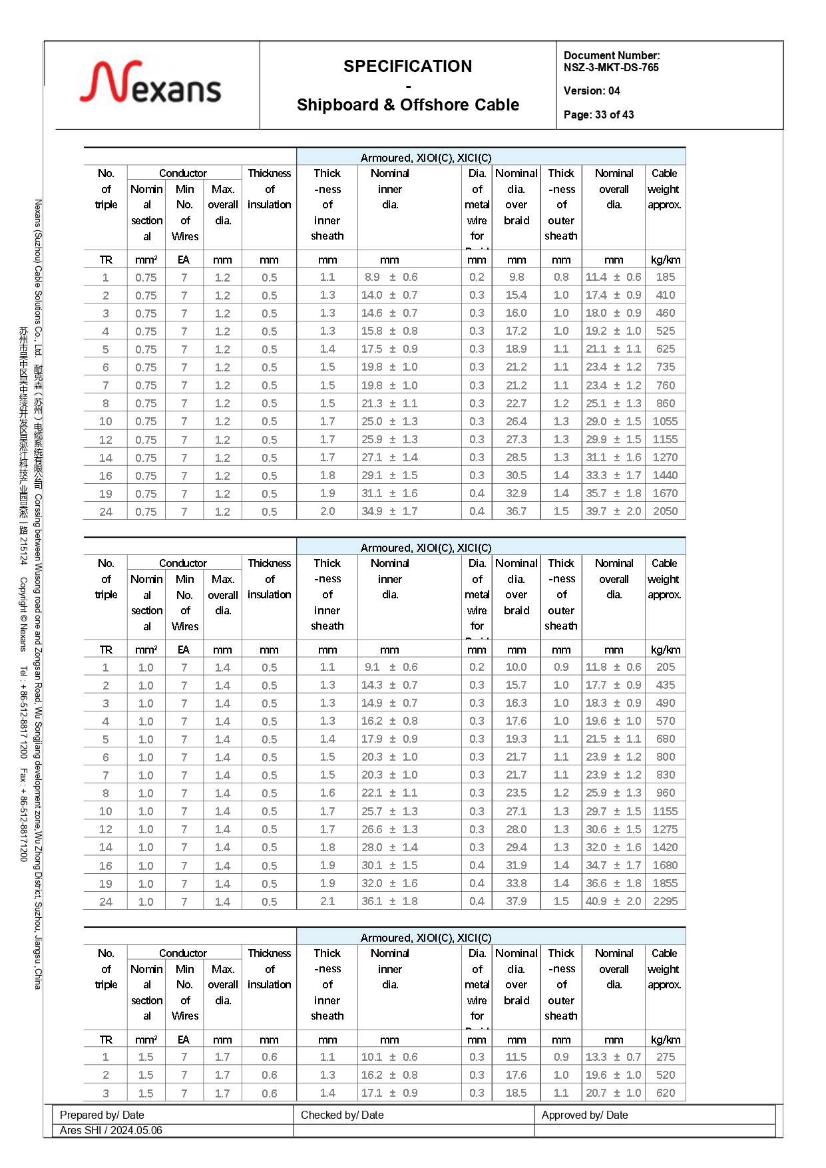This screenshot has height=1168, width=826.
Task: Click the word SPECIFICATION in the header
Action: pos(407,66)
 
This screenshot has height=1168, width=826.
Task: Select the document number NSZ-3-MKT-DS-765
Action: pos(611,67)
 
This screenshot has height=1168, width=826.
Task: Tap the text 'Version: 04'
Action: pos(592,91)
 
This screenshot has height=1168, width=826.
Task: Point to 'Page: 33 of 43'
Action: pos(598,114)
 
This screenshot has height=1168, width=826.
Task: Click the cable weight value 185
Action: pos(665,277)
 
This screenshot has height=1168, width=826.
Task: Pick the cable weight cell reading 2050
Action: pos(665,511)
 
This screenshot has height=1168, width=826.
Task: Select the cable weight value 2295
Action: pos(665,901)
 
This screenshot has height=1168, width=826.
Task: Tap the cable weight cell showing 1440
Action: pos(665,475)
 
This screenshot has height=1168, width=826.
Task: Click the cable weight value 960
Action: pos(665,793)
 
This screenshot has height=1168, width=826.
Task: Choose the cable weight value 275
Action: pos(665,1057)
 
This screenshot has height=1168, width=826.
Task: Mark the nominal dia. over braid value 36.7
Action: pos(516,511)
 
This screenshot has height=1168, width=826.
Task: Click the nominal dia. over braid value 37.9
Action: pos(516,901)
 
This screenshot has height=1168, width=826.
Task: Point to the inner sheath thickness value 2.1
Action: pos(327,901)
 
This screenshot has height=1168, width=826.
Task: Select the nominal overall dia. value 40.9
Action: pos(596,901)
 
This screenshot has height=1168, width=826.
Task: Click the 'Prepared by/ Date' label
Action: pos(102,1115)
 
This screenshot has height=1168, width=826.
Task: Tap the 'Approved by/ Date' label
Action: pos(584,1115)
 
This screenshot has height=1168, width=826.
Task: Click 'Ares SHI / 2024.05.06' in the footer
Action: pos(111,1130)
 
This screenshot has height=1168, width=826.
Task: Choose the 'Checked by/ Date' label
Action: pos(342,1115)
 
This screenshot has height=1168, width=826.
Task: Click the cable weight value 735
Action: pos(665,367)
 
